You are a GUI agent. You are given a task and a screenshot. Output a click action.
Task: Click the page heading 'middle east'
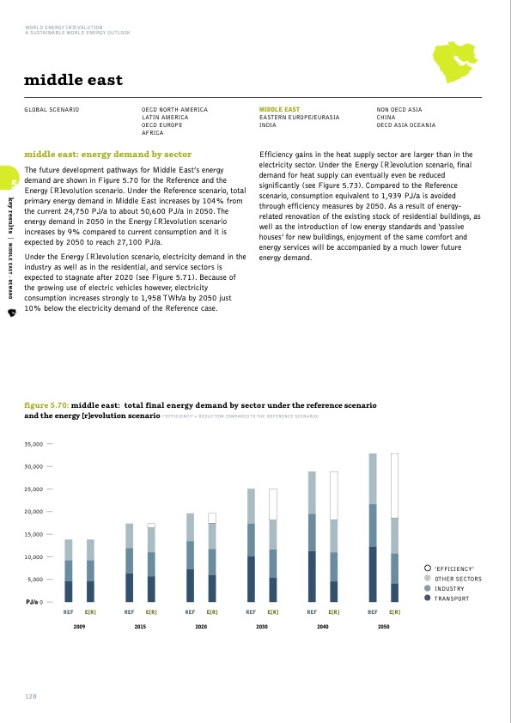coord(73,81)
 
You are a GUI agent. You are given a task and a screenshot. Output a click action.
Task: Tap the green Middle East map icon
coord(451,63)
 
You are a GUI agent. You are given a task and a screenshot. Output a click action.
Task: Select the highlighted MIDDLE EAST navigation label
coord(279,110)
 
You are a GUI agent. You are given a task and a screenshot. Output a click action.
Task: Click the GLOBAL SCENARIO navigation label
coord(52,110)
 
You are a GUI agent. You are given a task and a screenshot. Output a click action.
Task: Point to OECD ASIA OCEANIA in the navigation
coord(406,125)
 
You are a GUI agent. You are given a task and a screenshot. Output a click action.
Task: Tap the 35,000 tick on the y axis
coord(33,444)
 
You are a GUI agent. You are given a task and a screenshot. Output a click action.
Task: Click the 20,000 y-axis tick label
coord(33,512)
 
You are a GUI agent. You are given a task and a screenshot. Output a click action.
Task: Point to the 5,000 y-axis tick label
coord(36,580)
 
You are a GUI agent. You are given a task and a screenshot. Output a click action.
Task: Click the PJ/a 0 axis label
coord(35,602)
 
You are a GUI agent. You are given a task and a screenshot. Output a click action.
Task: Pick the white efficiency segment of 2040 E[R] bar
coord(334,495)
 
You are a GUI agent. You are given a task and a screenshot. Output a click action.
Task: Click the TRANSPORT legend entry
coord(453,598)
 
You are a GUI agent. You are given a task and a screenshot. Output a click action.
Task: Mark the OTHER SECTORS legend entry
coord(457,579)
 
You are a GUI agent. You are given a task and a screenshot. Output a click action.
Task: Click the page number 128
coord(31,696)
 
